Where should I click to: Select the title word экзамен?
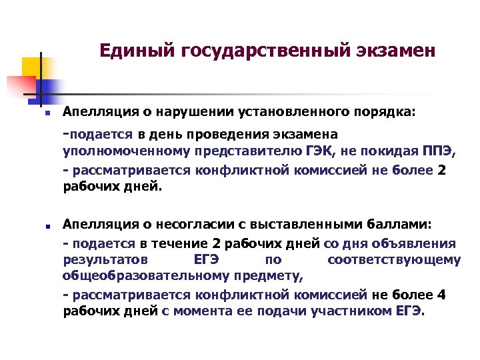coord(387,51)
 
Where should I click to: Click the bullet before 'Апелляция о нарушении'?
coord(39,114)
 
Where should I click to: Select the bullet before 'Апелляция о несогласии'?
coord(39,225)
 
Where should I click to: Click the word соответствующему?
coord(393,260)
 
